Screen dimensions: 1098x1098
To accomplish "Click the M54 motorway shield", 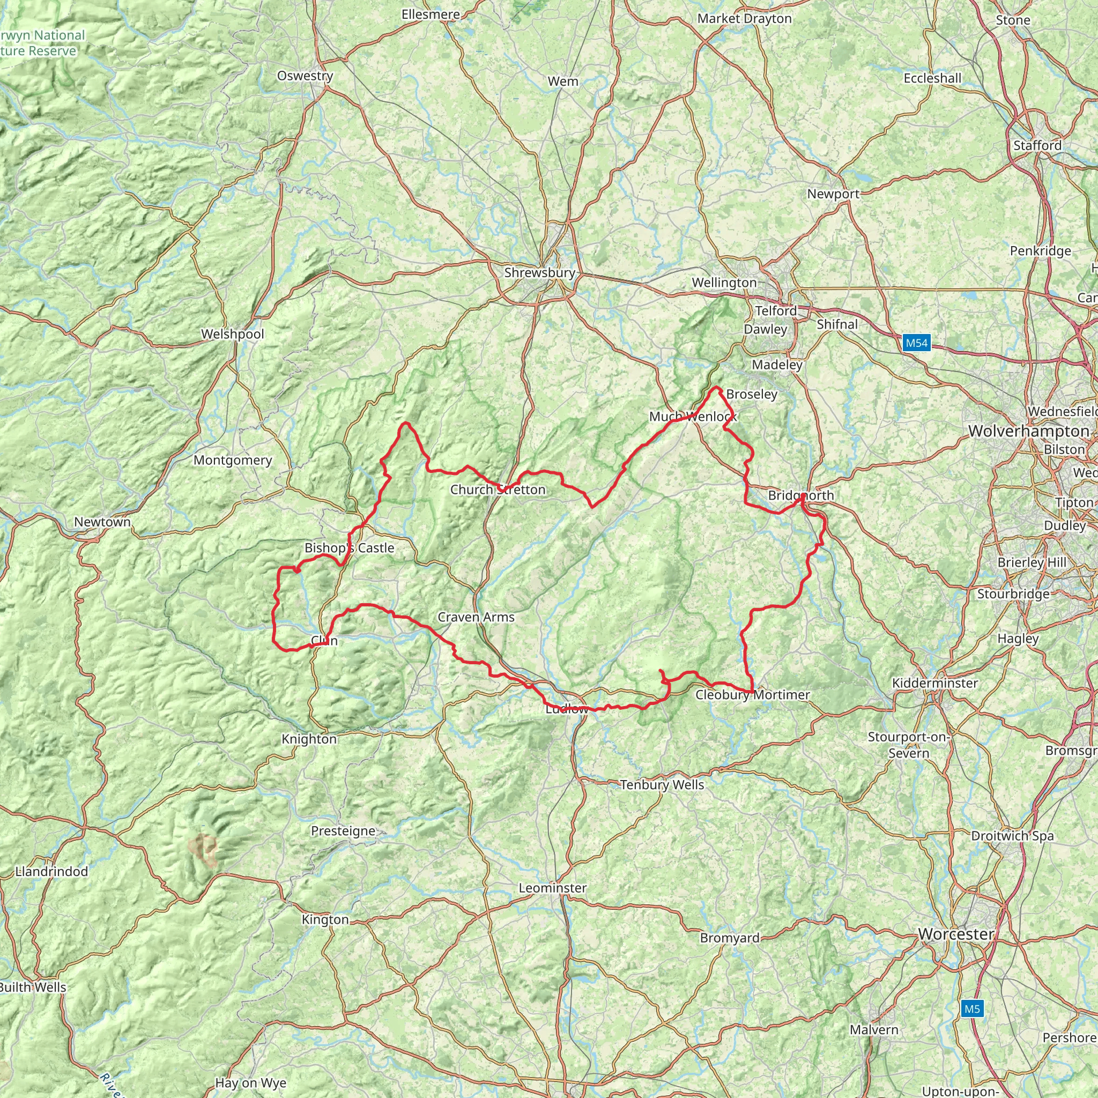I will pyautogui.click(x=916, y=343).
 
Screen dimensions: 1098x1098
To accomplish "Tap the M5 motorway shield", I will pyautogui.click(x=972, y=1009).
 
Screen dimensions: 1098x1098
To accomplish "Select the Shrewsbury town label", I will pyautogui.click(x=539, y=273).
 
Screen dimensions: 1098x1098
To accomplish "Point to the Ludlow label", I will pyautogui.click(x=567, y=709).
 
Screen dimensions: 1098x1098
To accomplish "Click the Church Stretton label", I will pyautogui.click(x=498, y=489).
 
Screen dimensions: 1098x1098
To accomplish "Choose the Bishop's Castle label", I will pyautogui.click(x=349, y=548).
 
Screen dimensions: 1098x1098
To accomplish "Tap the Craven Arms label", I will pyautogui.click(x=476, y=617).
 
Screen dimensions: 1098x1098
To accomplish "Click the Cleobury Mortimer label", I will pyautogui.click(x=752, y=694).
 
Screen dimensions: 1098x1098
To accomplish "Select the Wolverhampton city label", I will pyautogui.click(x=1029, y=432).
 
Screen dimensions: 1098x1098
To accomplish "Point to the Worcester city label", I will pyautogui.click(x=956, y=934).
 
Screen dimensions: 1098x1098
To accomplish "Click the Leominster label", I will pyautogui.click(x=552, y=888).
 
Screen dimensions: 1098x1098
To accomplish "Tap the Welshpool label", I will pyautogui.click(x=233, y=334).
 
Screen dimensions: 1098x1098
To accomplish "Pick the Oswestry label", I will pyautogui.click(x=305, y=76).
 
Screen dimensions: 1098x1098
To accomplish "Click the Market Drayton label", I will pyautogui.click(x=744, y=19).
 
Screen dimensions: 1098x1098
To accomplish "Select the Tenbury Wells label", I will pyautogui.click(x=662, y=785).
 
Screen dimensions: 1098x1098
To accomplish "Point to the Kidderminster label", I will pyautogui.click(x=935, y=683).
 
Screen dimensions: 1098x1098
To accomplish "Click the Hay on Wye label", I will pyautogui.click(x=250, y=1082).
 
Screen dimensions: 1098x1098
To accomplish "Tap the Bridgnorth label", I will pyautogui.click(x=801, y=495).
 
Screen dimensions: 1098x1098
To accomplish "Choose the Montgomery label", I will pyautogui.click(x=233, y=461).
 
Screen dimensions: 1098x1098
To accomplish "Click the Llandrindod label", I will pyautogui.click(x=51, y=872).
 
